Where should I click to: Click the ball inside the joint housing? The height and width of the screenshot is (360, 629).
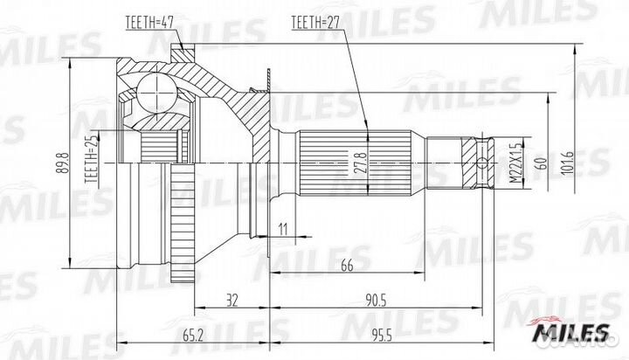156,88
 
